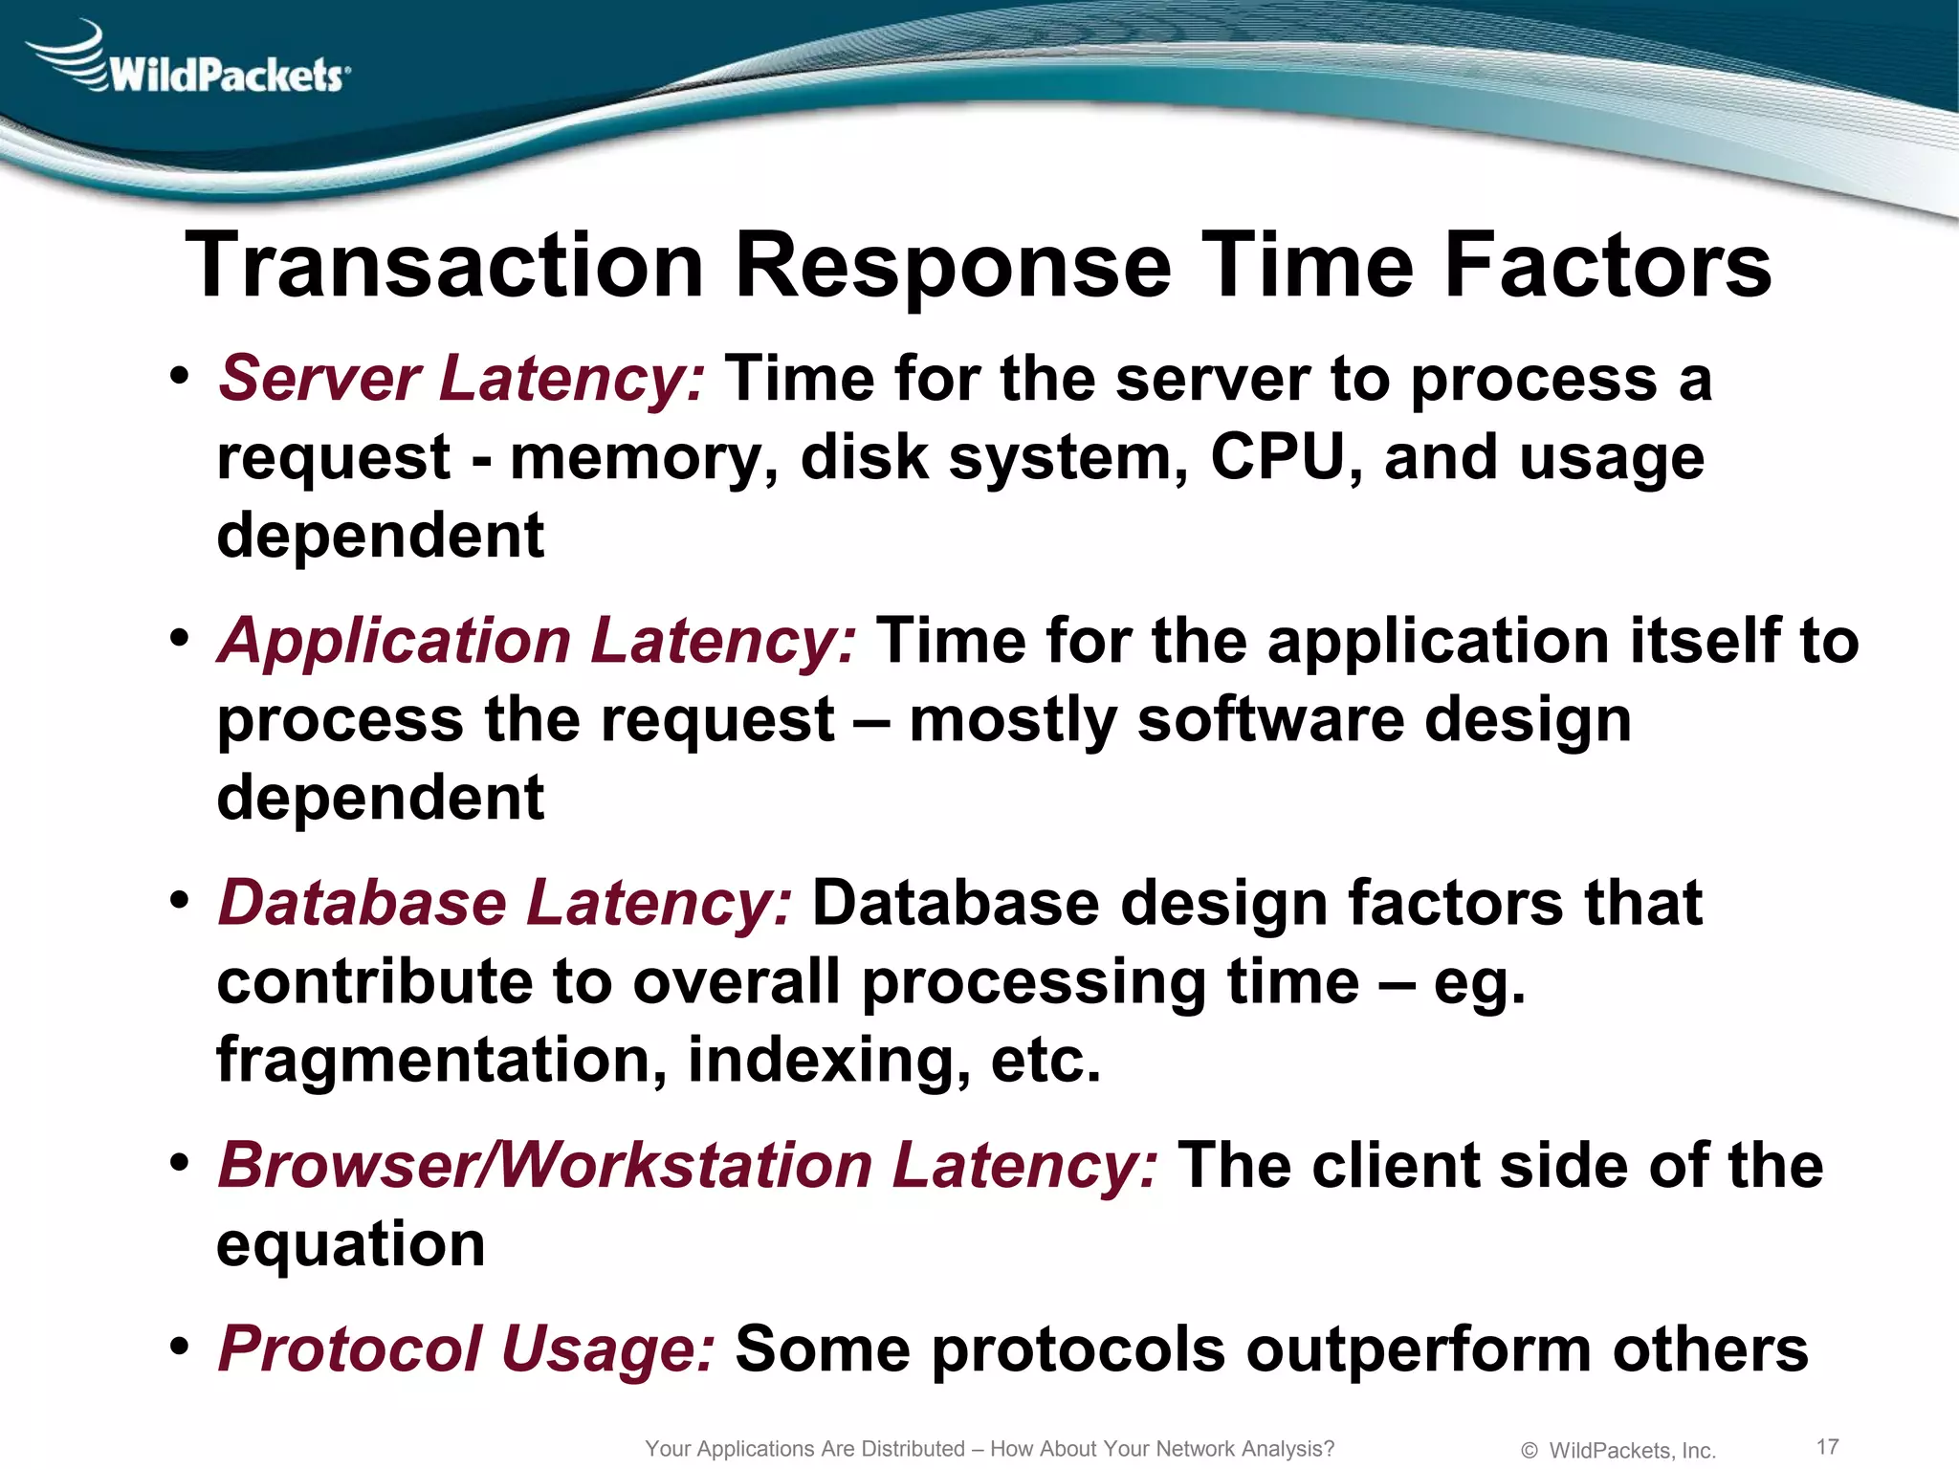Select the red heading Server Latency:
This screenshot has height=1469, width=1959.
[462, 379]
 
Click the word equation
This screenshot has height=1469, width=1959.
[351, 1246]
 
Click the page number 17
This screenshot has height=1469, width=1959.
[1827, 1446]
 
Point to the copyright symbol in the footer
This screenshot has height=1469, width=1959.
[1529, 1451]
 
